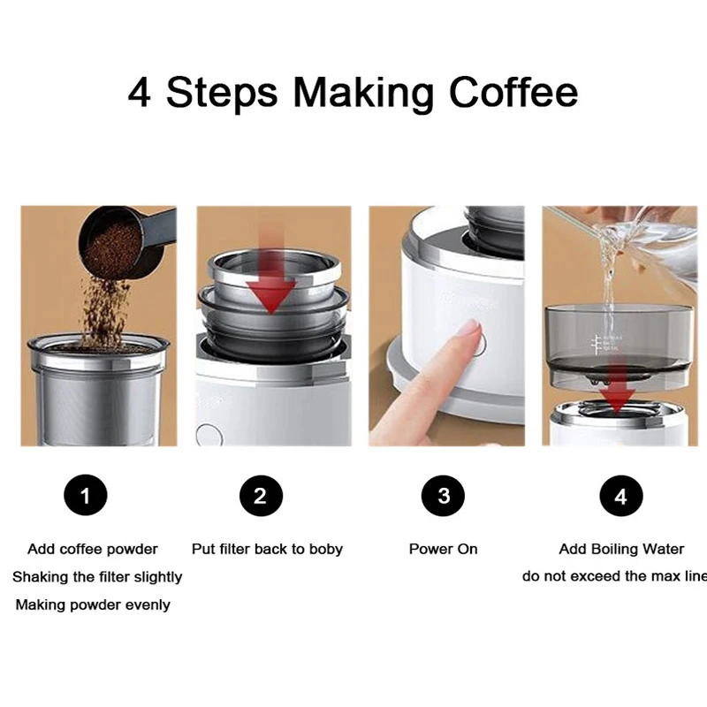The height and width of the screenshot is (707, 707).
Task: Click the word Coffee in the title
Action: point(513,93)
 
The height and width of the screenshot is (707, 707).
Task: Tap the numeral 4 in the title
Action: point(140,93)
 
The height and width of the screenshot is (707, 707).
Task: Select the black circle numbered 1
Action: point(86,495)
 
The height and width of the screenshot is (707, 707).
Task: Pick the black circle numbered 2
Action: point(261,496)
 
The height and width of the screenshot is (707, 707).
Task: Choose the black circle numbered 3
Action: point(444,496)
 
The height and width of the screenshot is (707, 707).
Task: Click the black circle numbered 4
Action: point(621,496)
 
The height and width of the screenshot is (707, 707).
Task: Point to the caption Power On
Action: point(444,549)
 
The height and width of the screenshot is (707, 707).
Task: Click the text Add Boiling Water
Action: point(621,549)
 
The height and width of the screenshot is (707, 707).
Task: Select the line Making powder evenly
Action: point(93,604)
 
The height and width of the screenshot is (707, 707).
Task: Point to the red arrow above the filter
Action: point(270,283)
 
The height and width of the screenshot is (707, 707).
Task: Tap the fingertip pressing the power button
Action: point(472,331)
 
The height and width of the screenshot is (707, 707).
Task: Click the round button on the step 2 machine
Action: point(209,436)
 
